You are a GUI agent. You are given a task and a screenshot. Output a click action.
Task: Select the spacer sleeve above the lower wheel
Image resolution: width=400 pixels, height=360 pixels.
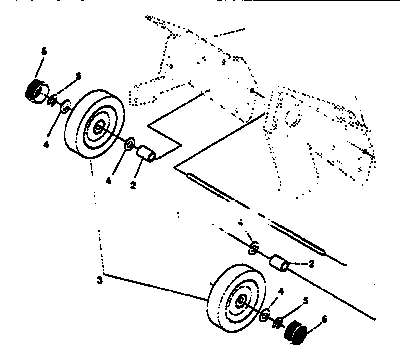click(281, 265)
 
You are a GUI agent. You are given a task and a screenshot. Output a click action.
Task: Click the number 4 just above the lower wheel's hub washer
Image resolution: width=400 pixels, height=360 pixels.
click(279, 291)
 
